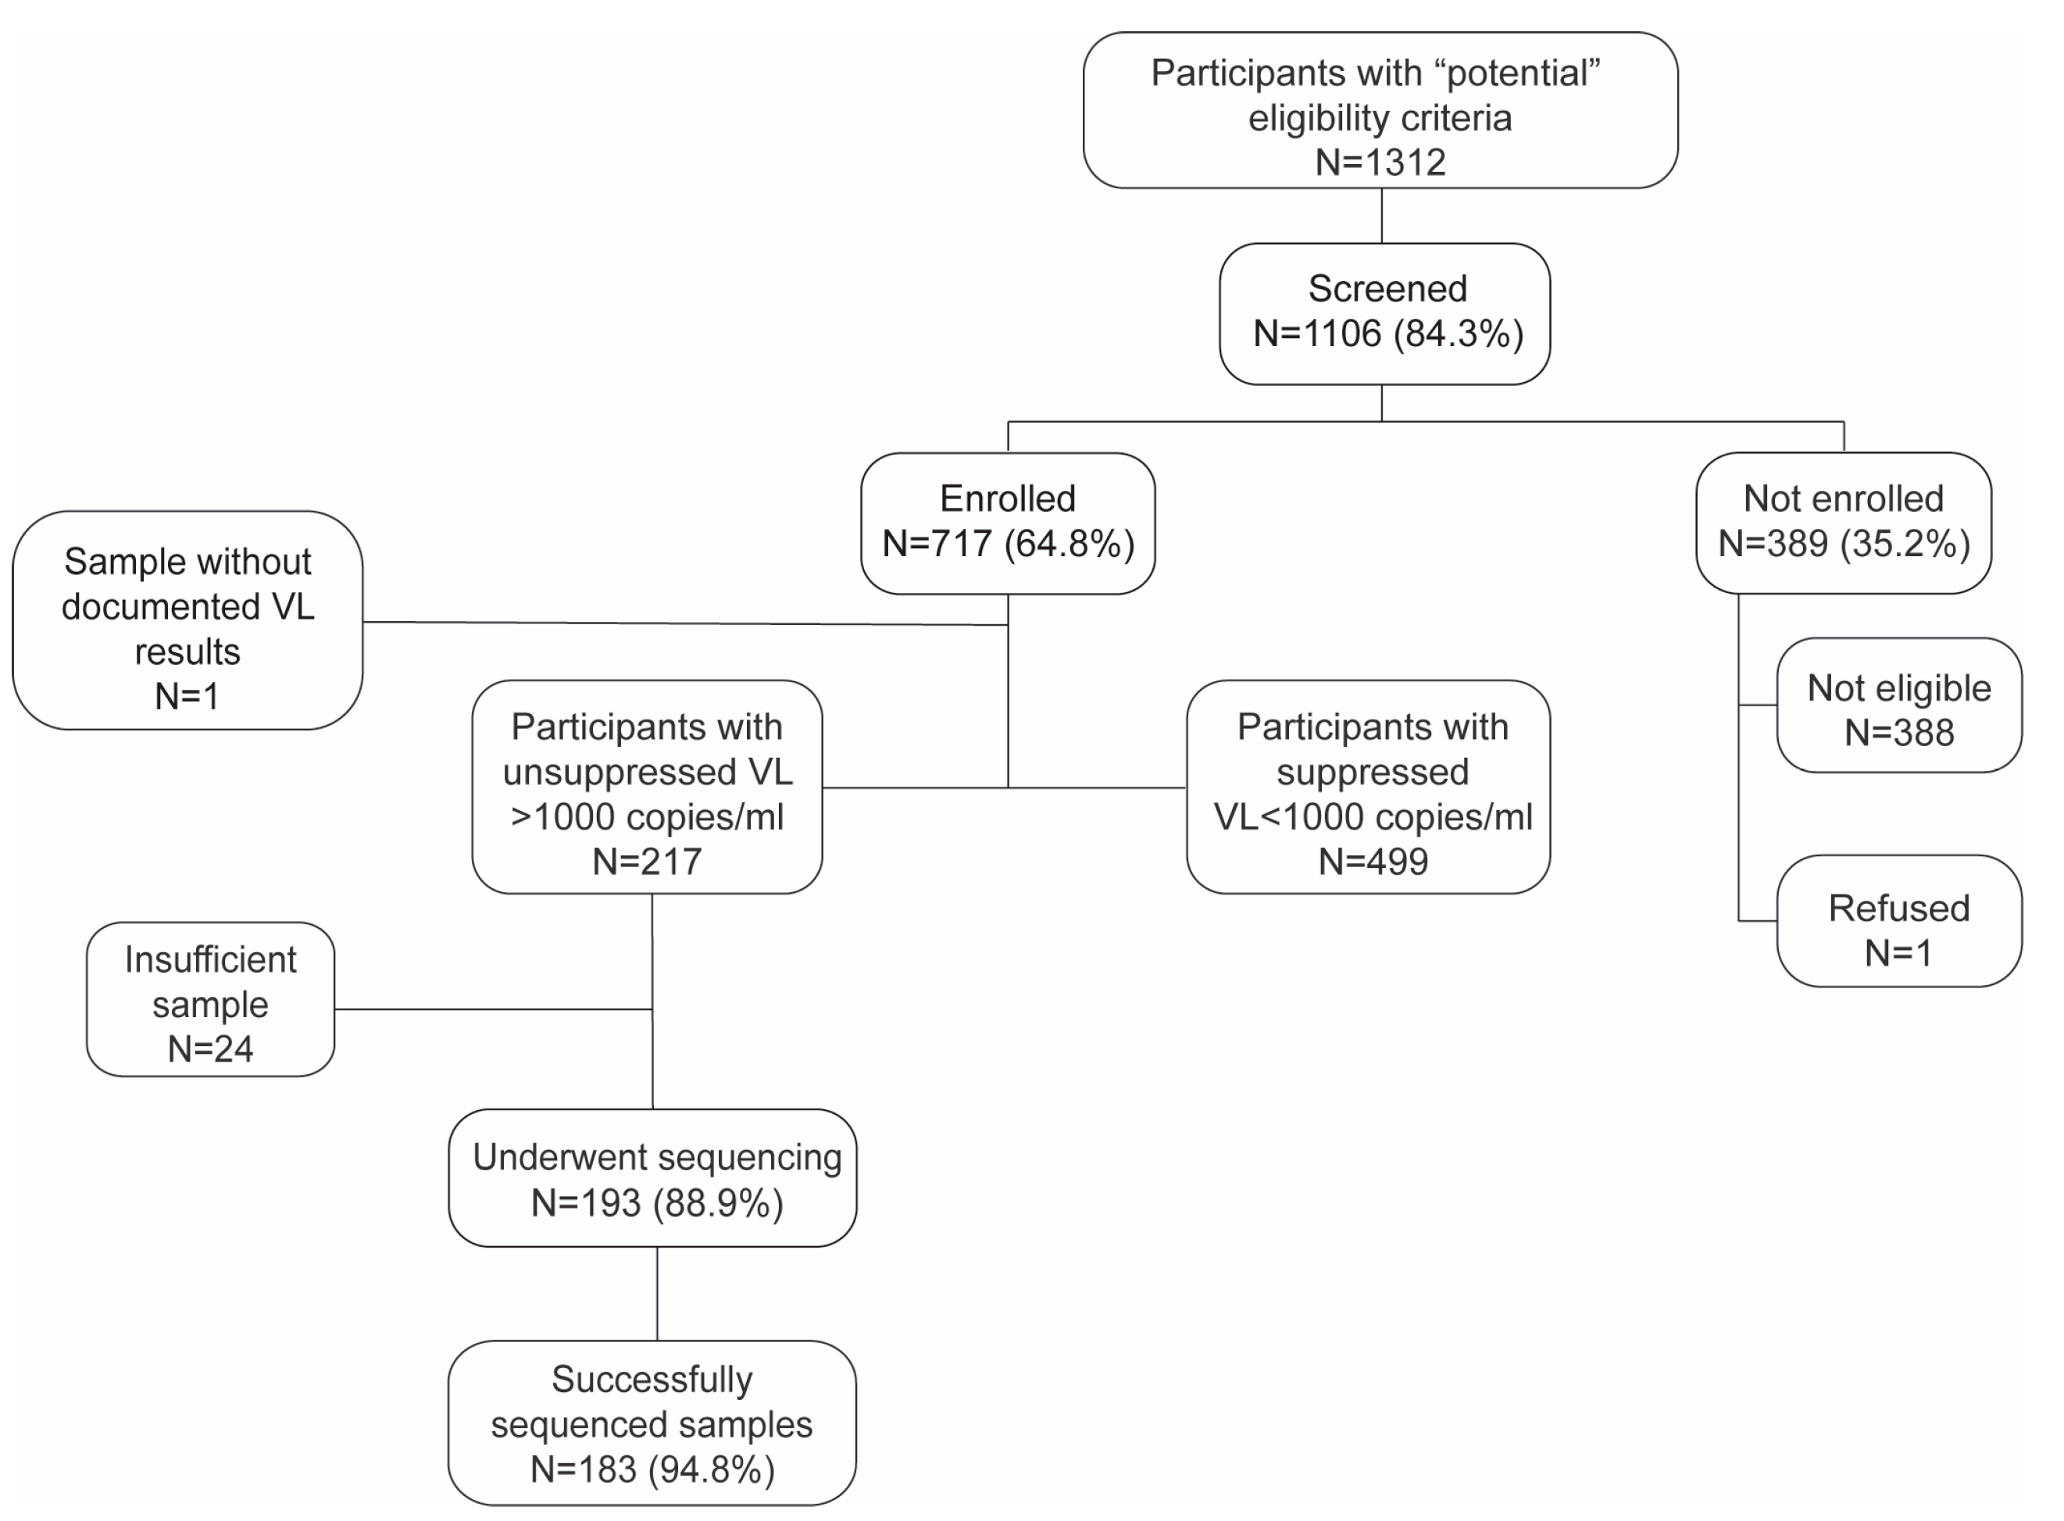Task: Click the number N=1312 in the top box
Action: [1379, 162]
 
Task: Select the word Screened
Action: [1387, 289]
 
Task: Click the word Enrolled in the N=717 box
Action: [1007, 499]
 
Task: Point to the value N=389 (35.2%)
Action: [1843, 543]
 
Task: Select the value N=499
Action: [1372, 862]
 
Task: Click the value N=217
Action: [646, 862]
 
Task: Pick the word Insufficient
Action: [210, 960]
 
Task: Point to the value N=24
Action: [210, 1048]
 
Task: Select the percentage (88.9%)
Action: [719, 1203]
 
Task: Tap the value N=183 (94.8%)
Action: [652, 1469]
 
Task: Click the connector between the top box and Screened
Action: [1381, 216]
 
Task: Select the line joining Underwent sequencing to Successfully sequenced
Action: [656, 1294]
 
